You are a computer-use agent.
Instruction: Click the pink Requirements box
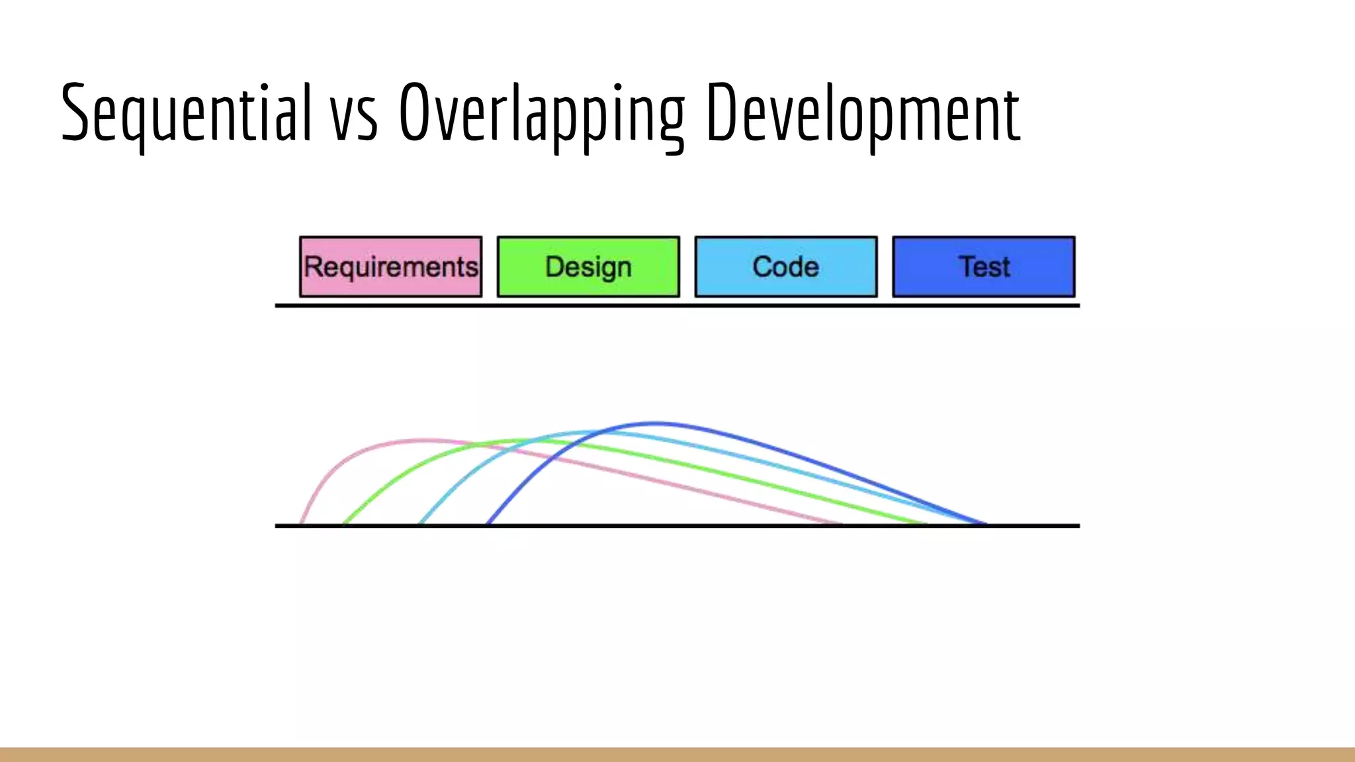[x=390, y=267]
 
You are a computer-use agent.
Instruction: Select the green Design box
[x=588, y=267]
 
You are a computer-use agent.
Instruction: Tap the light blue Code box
[x=786, y=267]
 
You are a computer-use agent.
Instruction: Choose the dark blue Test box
[x=983, y=267]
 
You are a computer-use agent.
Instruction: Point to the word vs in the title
[x=354, y=119]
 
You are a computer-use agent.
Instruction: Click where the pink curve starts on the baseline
[x=302, y=523]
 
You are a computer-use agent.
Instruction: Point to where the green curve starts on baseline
[x=344, y=523]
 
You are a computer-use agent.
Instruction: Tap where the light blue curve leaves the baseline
[x=421, y=523]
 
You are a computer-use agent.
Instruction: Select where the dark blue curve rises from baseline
[x=488, y=523]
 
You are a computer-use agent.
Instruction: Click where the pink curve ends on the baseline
[x=840, y=523]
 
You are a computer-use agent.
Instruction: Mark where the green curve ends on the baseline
[x=925, y=523]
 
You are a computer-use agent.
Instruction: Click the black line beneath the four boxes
[x=677, y=306]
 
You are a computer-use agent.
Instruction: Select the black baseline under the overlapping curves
[x=677, y=526]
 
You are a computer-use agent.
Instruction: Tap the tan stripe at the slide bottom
[x=677, y=754]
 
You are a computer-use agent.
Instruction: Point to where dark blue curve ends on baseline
[x=984, y=523]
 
